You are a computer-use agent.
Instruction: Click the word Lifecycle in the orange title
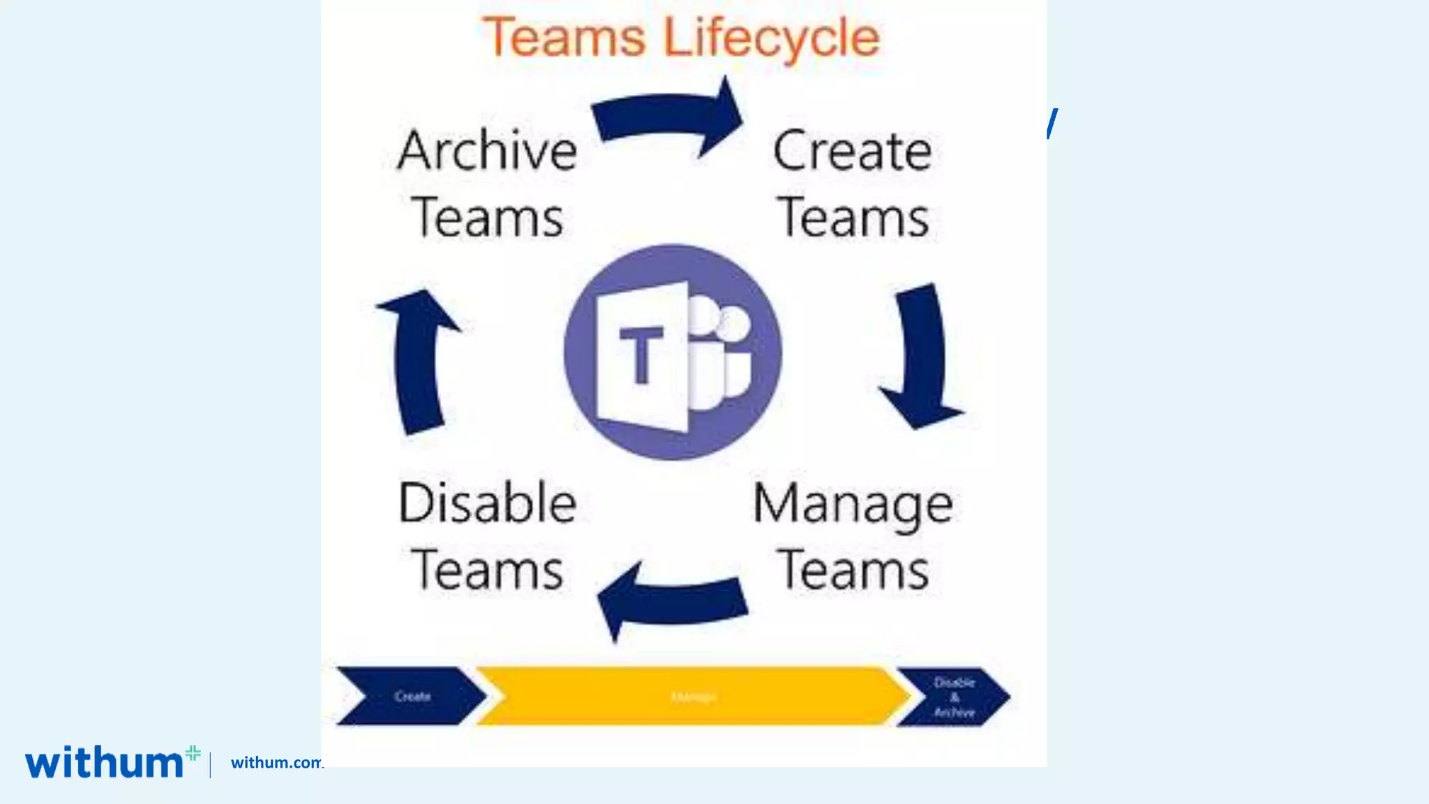(771, 38)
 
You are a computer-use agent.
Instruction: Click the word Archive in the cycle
(487, 151)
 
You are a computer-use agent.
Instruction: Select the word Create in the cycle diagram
(852, 151)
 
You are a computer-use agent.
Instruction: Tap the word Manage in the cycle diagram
(853, 504)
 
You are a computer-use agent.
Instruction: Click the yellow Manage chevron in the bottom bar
(693, 697)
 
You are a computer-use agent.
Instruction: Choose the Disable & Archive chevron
(953, 697)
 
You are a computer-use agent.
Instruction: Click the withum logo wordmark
(105, 762)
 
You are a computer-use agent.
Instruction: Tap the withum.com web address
(276, 762)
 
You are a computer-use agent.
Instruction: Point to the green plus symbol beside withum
(193, 752)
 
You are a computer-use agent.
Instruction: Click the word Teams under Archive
(487, 218)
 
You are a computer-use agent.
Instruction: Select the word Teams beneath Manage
(853, 571)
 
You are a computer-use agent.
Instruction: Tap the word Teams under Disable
(487, 571)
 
